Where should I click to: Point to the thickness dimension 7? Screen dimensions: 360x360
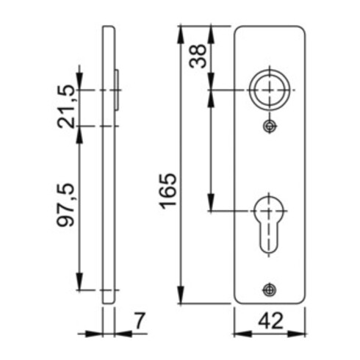(x=140, y=320)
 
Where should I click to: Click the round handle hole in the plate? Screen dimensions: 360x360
(x=270, y=90)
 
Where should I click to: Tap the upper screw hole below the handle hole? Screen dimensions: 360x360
(x=270, y=126)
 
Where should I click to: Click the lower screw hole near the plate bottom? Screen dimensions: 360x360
(x=270, y=289)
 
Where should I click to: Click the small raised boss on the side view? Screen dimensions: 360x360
(x=118, y=90)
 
